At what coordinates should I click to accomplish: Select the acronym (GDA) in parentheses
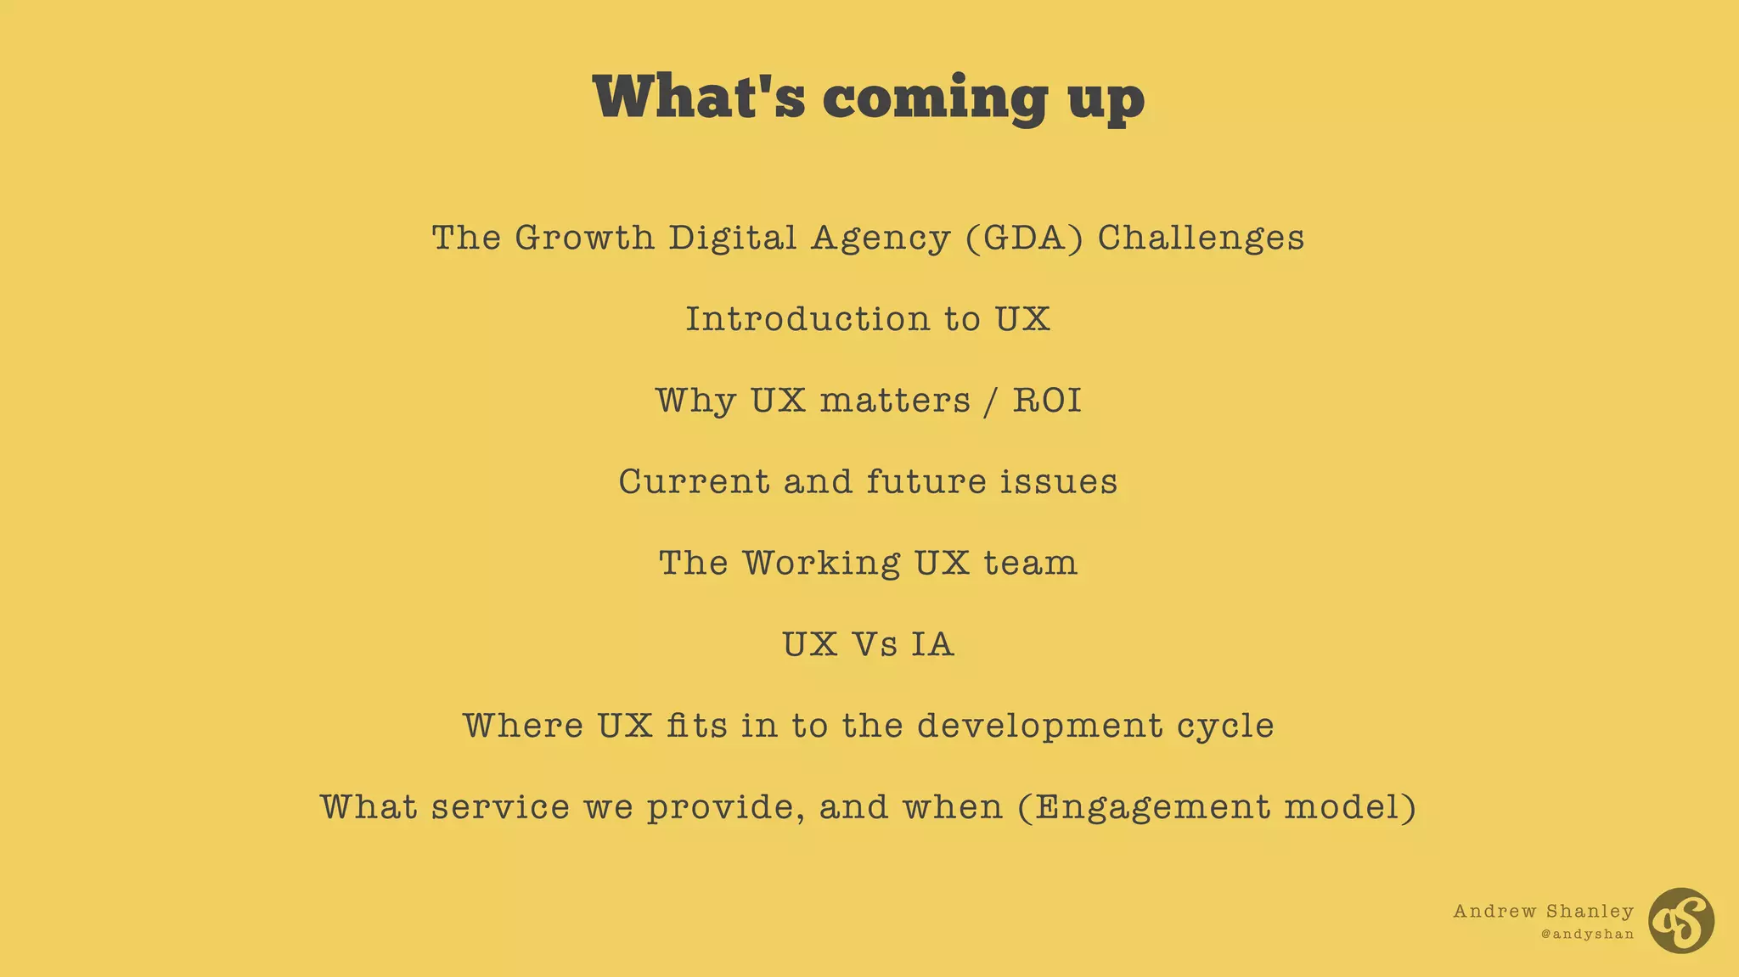pos(1024,238)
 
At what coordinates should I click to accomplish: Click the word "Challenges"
pos(1201,238)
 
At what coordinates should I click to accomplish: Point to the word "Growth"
pos(584,238)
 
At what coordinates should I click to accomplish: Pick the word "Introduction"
pos(808,319)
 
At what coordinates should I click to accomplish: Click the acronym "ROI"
pos(1047,401)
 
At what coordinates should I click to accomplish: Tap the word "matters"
pos(895,401)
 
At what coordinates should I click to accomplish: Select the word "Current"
pos(694,482)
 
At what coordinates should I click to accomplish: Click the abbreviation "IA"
pos(932,644)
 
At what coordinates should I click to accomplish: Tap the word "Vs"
pos(874,644)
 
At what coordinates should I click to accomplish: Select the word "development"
pos(1040,726)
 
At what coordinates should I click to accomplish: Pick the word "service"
pos(500,807)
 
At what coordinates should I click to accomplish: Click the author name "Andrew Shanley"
pos(1543,912)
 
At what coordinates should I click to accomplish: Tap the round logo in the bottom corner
pos(1681,921)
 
